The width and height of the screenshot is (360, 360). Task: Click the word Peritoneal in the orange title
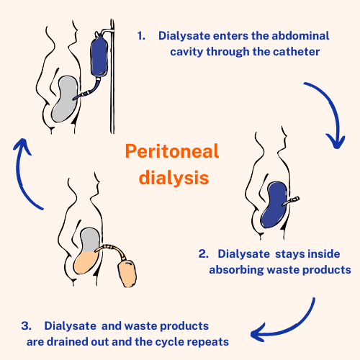172,151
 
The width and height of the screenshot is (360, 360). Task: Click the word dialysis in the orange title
172,176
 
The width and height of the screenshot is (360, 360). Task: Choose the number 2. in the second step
204,254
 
